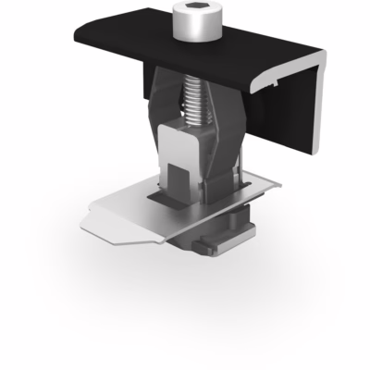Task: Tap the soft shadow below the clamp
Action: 185,277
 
